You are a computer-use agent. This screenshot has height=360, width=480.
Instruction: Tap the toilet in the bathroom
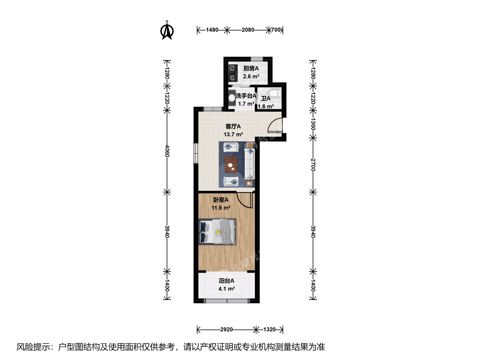(x=275, y=93)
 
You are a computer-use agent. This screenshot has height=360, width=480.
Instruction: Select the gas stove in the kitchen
(x=233, y=73)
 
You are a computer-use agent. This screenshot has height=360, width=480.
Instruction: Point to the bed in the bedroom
(x=217, y=232)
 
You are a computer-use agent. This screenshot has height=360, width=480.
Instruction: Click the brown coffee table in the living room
(x=231, y=164)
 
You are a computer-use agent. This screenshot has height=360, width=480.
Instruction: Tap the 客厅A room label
(x=233, y=126)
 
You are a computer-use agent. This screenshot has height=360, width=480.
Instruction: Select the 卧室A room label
(x=221, y=200)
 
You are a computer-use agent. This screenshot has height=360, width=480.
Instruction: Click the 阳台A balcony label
(x=227, y=281)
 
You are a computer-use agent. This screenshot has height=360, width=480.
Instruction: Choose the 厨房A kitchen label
(x=251, y=69)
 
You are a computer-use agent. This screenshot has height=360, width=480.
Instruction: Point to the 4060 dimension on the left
(x=167, y=151)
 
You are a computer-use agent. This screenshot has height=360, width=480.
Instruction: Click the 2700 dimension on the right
(x=313, y=165)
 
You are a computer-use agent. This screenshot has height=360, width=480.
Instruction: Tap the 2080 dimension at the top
(x=248, y=30)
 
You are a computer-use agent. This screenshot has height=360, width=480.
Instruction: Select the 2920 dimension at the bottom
(x=227, y=329)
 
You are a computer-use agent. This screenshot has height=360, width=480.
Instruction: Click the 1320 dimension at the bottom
(x=269, y=329)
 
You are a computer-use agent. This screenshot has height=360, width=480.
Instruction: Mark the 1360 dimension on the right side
(x=313, y=124)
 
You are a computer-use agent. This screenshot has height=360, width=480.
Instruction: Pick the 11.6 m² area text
(x=221, y=208)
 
